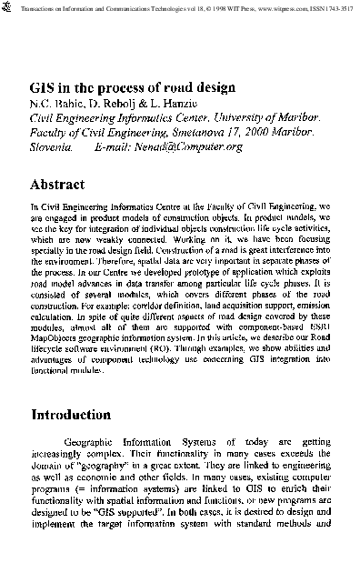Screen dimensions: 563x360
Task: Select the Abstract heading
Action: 58,184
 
